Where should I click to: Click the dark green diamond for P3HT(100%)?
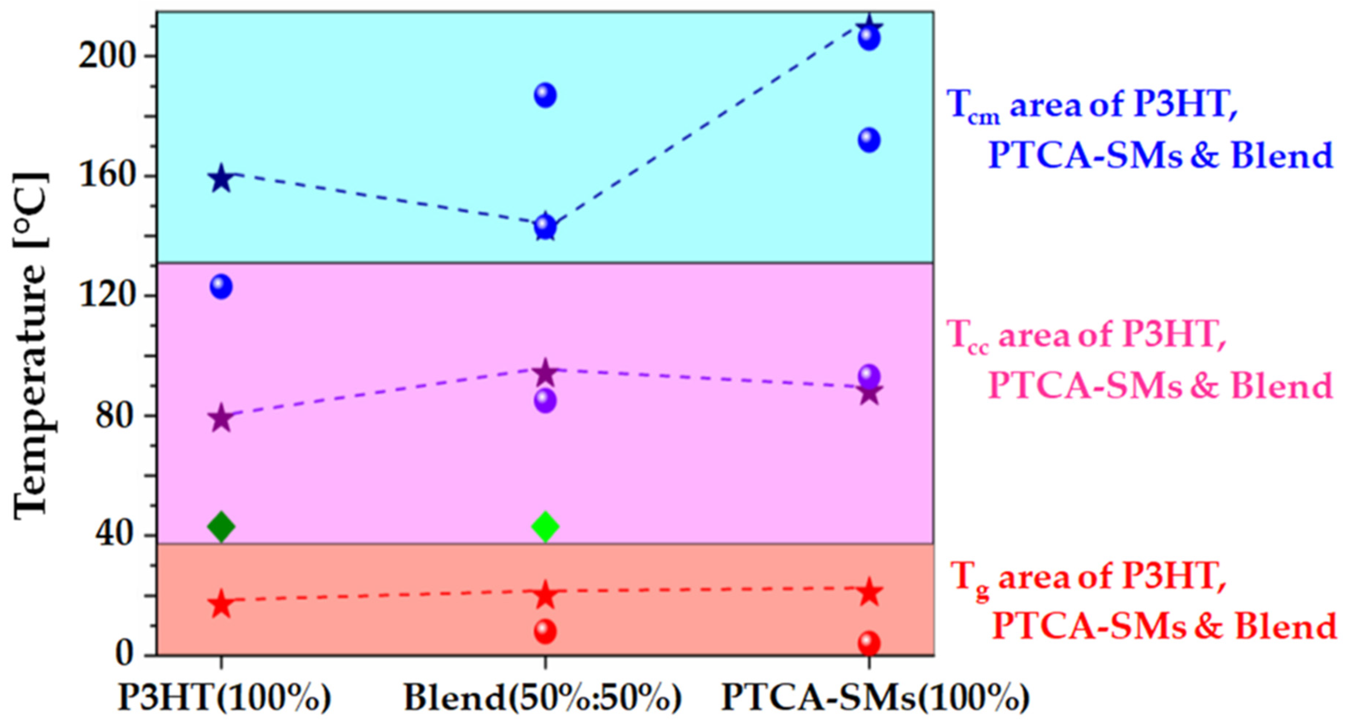(221, 526)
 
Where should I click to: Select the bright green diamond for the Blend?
(545, 526)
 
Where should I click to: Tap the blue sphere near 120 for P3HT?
(221, 287)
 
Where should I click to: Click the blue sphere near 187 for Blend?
(545, 95)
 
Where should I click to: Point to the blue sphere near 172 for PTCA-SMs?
(869, 140)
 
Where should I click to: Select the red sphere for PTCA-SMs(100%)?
(869, 643)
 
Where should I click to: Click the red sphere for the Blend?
(545, 632)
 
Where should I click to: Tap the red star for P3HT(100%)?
(221, 604)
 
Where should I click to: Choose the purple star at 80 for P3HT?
(221, 418)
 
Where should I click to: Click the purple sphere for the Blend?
(545, 401)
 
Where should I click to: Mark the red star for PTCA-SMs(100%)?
(869, 593)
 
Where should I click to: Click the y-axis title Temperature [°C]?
(31, 345)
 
